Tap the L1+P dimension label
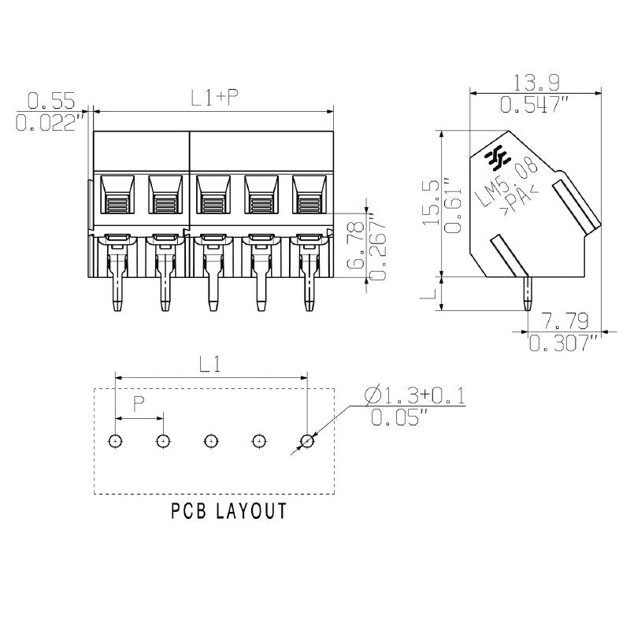[215, 98]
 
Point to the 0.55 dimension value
[51, 101]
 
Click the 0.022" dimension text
[51, 122]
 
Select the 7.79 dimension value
[565, 321]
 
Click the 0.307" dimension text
[564, 343]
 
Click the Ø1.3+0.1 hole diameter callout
[415, 394]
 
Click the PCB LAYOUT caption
[228, 512]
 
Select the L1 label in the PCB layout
[209, 365]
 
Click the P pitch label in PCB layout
[139, 405]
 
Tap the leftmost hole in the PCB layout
[116, 441]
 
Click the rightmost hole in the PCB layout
[307, 441]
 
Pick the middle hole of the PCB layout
[211, 441]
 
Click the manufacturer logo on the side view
[498, 158]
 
